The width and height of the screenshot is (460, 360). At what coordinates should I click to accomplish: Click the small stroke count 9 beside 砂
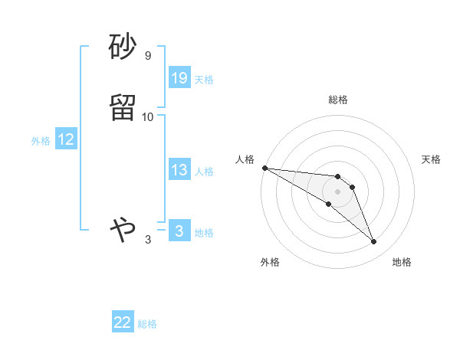pos(148,56)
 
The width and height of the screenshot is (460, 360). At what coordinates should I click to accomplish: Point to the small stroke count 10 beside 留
pos(148,116)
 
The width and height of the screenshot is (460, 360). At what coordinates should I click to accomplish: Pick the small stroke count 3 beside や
pos(148,239)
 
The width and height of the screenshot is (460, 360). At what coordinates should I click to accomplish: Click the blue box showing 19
pos(179,77)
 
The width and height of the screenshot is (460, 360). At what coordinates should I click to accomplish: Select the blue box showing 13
pos(179,170)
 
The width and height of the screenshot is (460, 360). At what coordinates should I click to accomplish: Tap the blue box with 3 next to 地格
pos(179,231)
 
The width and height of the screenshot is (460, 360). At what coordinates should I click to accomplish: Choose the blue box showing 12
pos(66,139)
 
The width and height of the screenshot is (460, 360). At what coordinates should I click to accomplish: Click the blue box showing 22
pos(123,322)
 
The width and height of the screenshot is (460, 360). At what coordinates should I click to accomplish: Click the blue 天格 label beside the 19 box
pos(204,79)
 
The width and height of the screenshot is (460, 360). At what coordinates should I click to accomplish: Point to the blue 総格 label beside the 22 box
pos(147,324)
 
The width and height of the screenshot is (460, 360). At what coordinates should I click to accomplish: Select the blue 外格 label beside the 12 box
pos(41,141)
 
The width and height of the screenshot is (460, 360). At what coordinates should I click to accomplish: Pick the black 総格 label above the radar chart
pos(338,100)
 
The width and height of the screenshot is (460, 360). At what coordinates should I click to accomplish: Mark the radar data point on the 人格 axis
pos(264,167)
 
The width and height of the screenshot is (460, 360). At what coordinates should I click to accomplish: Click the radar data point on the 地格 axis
pos(374,242)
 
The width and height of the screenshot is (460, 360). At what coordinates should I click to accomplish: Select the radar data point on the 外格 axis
pos(328,204)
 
